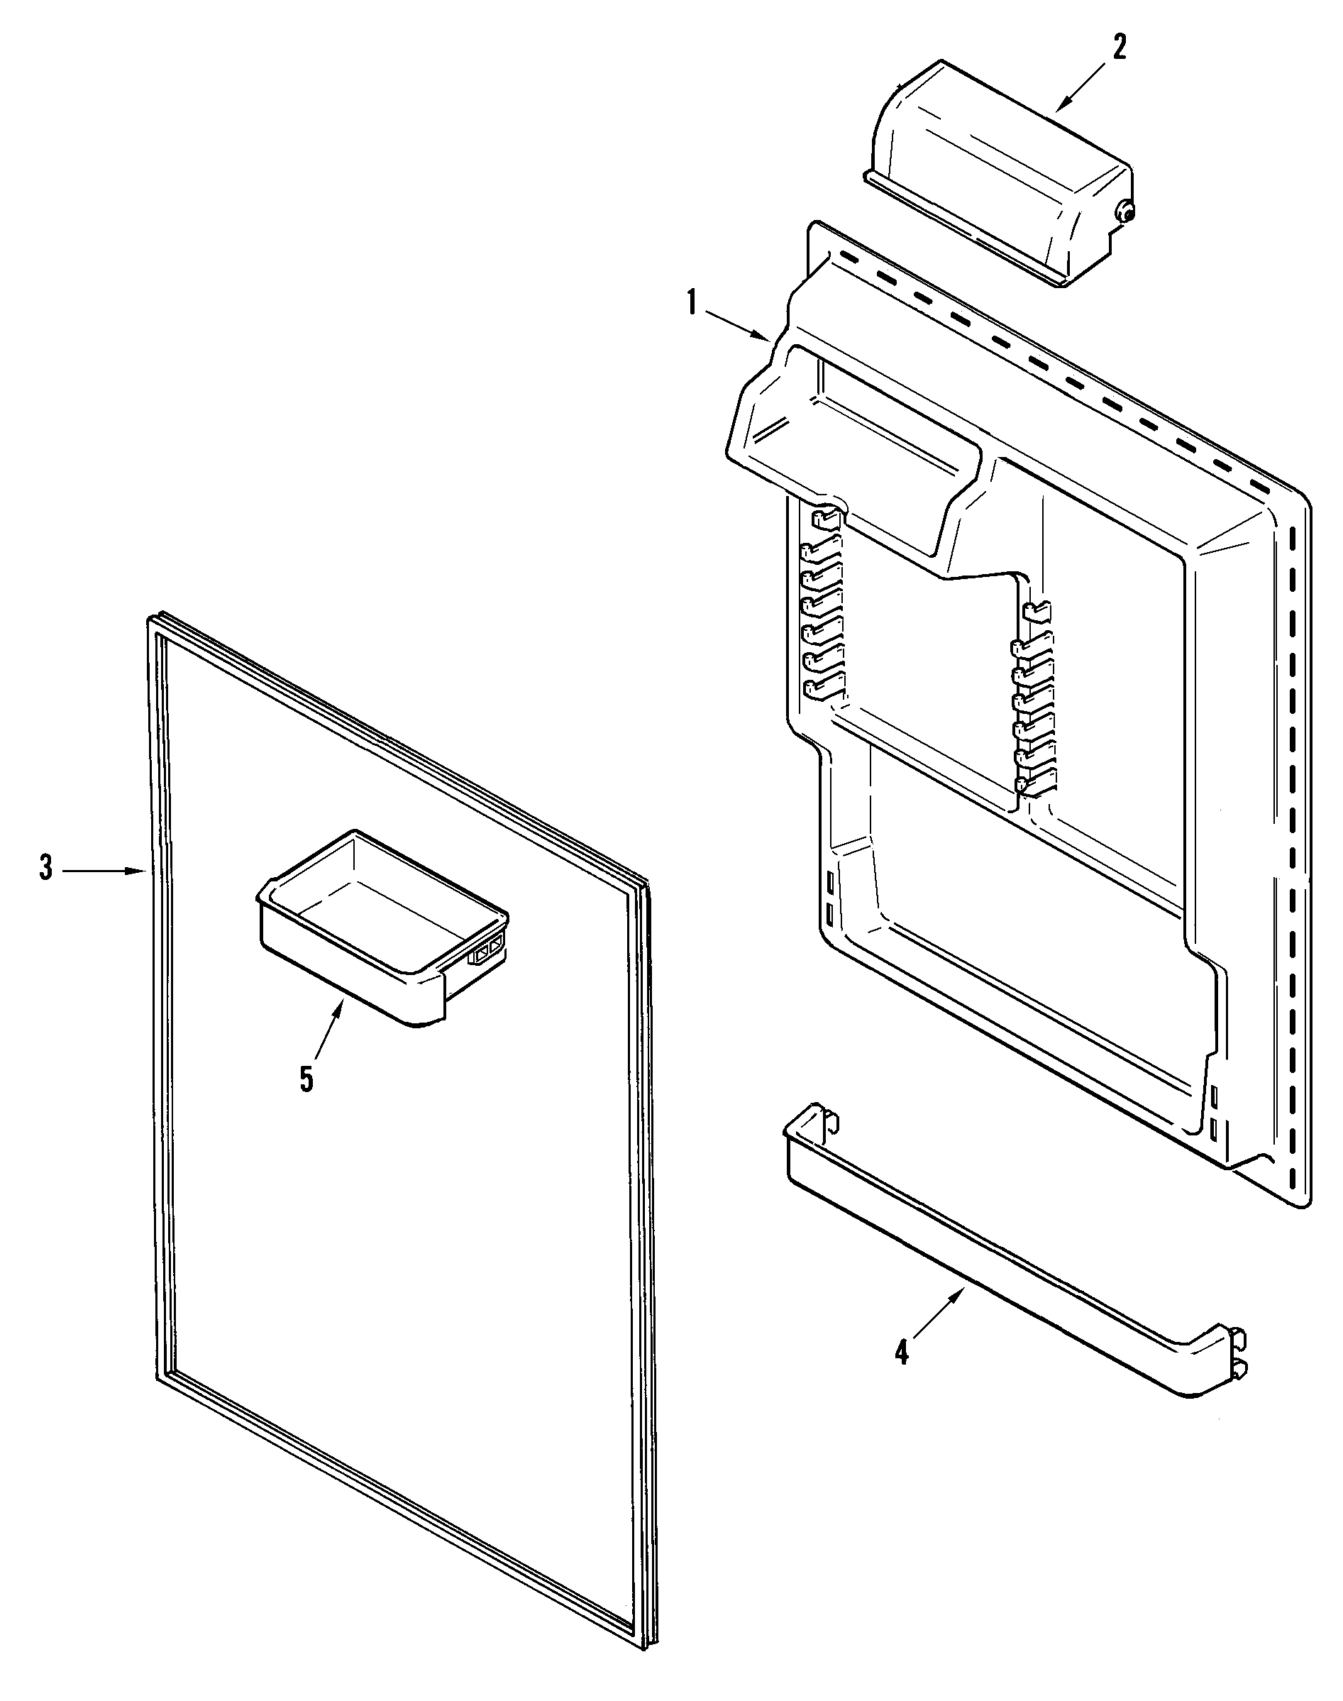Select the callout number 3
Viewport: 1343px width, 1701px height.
[46, 869]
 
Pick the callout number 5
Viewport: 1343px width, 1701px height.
[306, 1079]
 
